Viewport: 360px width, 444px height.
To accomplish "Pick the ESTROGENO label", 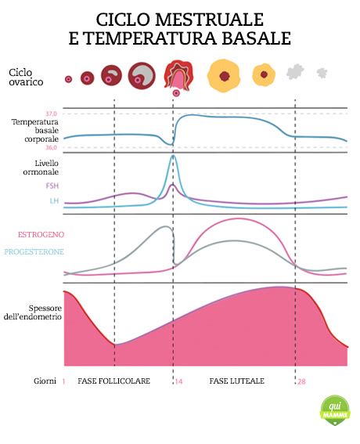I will click(40, 234).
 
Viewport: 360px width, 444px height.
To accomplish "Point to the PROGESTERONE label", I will click(34, 251).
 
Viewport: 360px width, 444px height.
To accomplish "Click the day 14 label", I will click(178, 381).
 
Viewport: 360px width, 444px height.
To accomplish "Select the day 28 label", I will click(302, 381).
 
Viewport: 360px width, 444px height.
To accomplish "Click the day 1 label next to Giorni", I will click(63, 381).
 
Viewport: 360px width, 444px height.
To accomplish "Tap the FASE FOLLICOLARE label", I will click(113, 381).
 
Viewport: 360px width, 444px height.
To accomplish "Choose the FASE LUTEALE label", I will click(237, 381).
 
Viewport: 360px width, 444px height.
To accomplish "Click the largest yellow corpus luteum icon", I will click(224, 76).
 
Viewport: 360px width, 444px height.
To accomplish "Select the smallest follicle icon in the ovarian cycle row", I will click(68, 79).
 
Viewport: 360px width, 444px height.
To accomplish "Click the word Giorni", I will click(44, 381).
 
